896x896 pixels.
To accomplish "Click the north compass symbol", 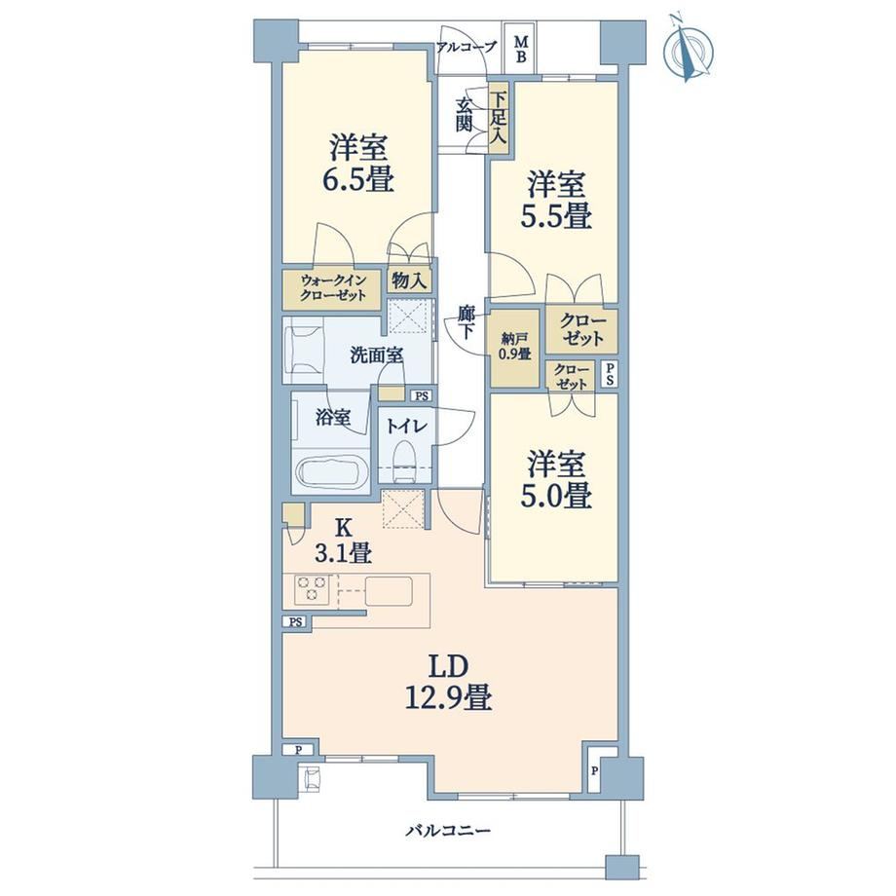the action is coord(688,51).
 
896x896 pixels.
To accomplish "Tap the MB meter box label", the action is coord(521,49).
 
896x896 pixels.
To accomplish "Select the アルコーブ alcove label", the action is coord(467,47).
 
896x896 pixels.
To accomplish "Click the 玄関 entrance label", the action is coord(464,115).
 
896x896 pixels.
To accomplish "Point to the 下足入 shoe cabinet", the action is coord(499,118).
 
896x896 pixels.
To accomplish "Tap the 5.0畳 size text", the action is coord(556,495).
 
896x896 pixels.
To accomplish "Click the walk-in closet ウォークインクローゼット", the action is coord(332,289).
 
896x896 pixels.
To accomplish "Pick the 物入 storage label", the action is coord(409,280).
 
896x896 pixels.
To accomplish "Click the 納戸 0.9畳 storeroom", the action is coord(514,348).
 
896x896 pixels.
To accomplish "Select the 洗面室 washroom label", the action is coord(377,355).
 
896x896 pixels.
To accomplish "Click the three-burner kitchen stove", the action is coord(312,589).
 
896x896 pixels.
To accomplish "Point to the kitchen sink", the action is coord(389,591).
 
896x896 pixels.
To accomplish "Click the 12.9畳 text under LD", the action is coord(449,697).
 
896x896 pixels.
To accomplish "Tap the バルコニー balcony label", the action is coord(448,830).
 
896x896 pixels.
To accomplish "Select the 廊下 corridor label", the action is coord(467,321).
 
